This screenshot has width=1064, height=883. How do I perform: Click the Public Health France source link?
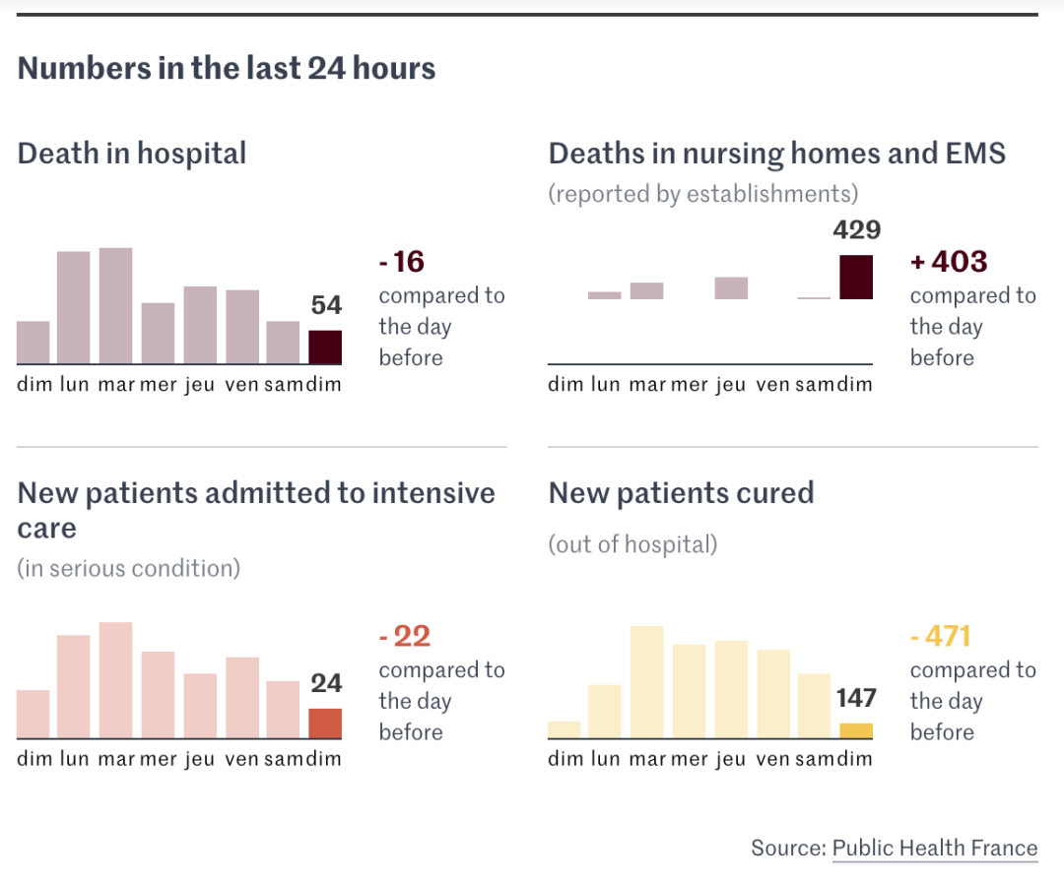tap(934, 849)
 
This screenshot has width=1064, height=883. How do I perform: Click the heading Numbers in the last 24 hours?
tap(227, 69)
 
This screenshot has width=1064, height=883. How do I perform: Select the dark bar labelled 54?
tap(325, 347)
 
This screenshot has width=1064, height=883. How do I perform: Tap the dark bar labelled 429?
tap(856, 277)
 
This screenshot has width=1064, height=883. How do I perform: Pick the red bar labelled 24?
tap(325, 724)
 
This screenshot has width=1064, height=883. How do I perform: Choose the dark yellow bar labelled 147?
tap(856, 730)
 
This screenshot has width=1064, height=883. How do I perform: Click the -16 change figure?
tap(402, 262)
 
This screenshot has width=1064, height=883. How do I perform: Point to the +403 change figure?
tap(948, 262)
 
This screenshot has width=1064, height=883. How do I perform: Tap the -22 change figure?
tap(405, 637)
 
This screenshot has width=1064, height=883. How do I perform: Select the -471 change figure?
tap(941, 637)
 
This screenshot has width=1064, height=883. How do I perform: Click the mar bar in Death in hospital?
tap(115, 306)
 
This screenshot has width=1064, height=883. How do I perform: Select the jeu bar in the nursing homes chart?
tap(731, 287)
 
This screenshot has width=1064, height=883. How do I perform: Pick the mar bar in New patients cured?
tap(646, 682)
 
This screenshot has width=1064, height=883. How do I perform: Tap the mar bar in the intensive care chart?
tap(115, 680)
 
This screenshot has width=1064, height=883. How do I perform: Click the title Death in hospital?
tap(132, 154)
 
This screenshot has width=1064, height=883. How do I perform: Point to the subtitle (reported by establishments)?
tap(703, 193)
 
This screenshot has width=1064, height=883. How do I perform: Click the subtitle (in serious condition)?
tap(129, 568)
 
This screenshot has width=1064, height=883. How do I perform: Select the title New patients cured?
tap(681, 492)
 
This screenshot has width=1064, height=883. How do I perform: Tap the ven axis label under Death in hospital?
tap(241, 384)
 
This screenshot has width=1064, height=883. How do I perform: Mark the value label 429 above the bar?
tap(856, 230)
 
